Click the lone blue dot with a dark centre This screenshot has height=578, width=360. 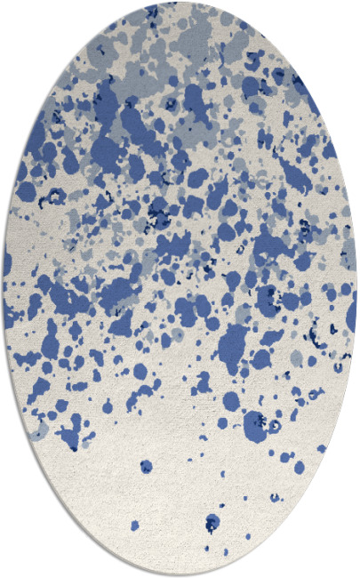point(146,466)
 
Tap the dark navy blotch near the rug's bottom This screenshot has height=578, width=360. point(212,522)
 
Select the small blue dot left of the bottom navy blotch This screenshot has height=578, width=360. point(135,526)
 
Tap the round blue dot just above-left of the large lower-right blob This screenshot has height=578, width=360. point(230,401)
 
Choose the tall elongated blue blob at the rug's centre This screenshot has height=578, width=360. point(232,341)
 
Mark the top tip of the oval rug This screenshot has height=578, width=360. point(180,2)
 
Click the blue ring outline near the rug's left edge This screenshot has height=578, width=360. point(55,197)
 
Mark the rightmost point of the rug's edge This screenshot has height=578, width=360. point(357,289)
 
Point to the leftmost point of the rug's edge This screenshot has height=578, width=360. point(3,289)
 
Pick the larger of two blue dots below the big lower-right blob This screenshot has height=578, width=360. point(285,457)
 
